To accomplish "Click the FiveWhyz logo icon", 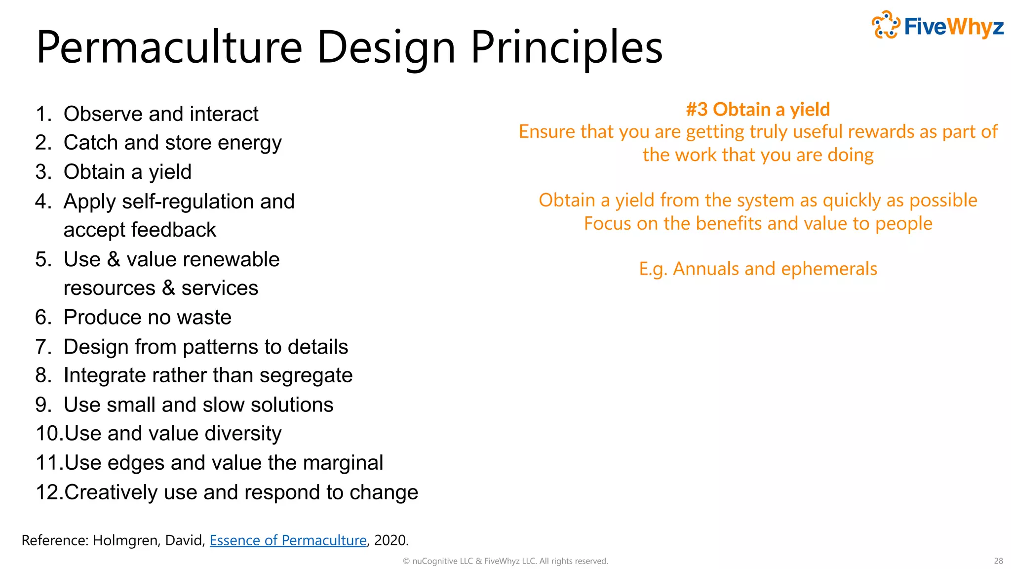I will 886,25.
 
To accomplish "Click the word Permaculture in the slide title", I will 169,47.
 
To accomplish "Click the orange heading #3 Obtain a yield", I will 758,109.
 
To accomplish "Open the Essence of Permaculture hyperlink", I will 288,540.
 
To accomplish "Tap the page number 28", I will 998,561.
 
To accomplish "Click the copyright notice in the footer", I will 505,561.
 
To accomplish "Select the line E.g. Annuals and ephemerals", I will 758,269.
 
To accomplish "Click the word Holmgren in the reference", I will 125,540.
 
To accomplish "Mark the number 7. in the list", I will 43,347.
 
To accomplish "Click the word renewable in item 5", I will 203,259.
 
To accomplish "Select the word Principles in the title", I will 566,47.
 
